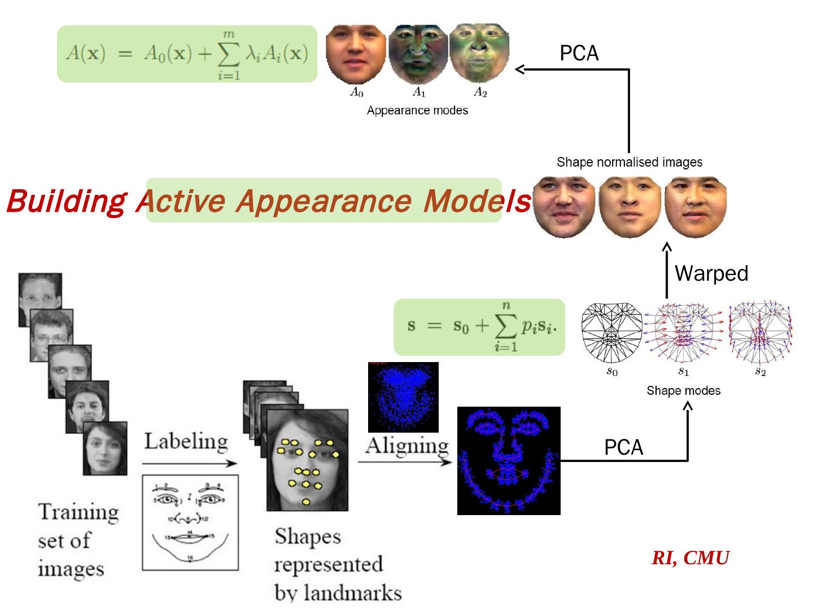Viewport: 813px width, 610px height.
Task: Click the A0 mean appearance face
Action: tap(356, 54)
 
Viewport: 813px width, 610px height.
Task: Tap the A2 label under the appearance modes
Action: tap(480, 92)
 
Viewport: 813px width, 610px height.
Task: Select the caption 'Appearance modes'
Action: tap(417, 111)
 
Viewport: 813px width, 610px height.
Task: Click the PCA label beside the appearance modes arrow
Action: tap(579, 53)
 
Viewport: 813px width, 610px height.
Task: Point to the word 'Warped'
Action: tap(711, 273)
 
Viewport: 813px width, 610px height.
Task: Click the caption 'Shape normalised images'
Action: tap(630, 163)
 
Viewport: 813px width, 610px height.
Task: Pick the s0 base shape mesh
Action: tap(612, 334)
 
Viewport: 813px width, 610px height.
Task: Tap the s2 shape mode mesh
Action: tap(760, 334)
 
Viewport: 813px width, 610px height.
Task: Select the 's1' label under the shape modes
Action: tap(684, 372)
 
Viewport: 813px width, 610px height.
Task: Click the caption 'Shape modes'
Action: tap(683, 391)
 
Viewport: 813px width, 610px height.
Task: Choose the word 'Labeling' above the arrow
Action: tap(186, 441)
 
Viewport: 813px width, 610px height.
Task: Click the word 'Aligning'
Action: tap(406, 446)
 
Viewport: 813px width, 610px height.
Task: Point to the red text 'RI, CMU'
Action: tap(690, 558)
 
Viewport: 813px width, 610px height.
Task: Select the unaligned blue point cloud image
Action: tap(403, 397)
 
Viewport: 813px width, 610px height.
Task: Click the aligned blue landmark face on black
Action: tap(509, 460)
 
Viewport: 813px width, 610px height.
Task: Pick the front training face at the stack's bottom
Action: tap(104, 448)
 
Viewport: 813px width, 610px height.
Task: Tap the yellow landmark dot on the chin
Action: tap(306, 502)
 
